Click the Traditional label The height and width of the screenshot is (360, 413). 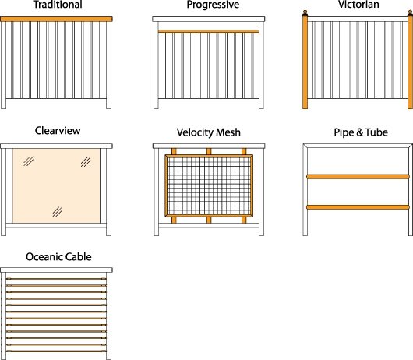pyautogui.click(x=58, y=5)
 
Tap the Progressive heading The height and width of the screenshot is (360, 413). pyautogui.click(x=213, y=5)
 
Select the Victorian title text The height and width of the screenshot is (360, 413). pyautogui.click(x=358, y=4)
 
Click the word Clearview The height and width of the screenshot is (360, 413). pyautogui.click(x=58, y=131)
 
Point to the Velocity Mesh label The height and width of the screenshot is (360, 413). pyautogui.click(x=209, y=132)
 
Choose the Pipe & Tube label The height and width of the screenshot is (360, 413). pyautogui.click(x=361, y=132)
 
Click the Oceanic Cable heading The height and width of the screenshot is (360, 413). pyautogui.click(x=58, y=257)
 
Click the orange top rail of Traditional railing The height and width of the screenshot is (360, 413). pyautogui.click(x=56, y=19)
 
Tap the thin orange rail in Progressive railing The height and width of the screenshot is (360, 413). pyautogui.click(x=209, y=31)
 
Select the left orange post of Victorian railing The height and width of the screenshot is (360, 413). pyautogui.click(x=305, y=62)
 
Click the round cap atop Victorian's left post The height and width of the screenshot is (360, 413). pyautogui.click(x=305, y=12)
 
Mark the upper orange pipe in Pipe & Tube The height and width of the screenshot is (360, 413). pyautogui.click(x=358, y=176)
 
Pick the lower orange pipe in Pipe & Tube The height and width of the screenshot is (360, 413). pyautogui.click(x=358, y=207)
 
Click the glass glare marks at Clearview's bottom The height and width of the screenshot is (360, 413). pyautogui.click(x=58, y=211)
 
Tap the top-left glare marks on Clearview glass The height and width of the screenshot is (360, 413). pyautogui.click(x=29, y=161)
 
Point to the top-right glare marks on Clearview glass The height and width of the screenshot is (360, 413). pyautogui.click(x=86, y=162)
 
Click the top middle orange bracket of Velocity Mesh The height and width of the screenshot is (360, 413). pyautogui.click(x=209, y=151)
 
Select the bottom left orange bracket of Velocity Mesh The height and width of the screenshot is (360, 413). pyautogui.click(x=174, y=220)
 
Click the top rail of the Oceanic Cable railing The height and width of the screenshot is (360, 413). pyautogui.click(x=56, y=270)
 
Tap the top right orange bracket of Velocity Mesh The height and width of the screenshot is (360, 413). pyautogui.click(x=244, y=151)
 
